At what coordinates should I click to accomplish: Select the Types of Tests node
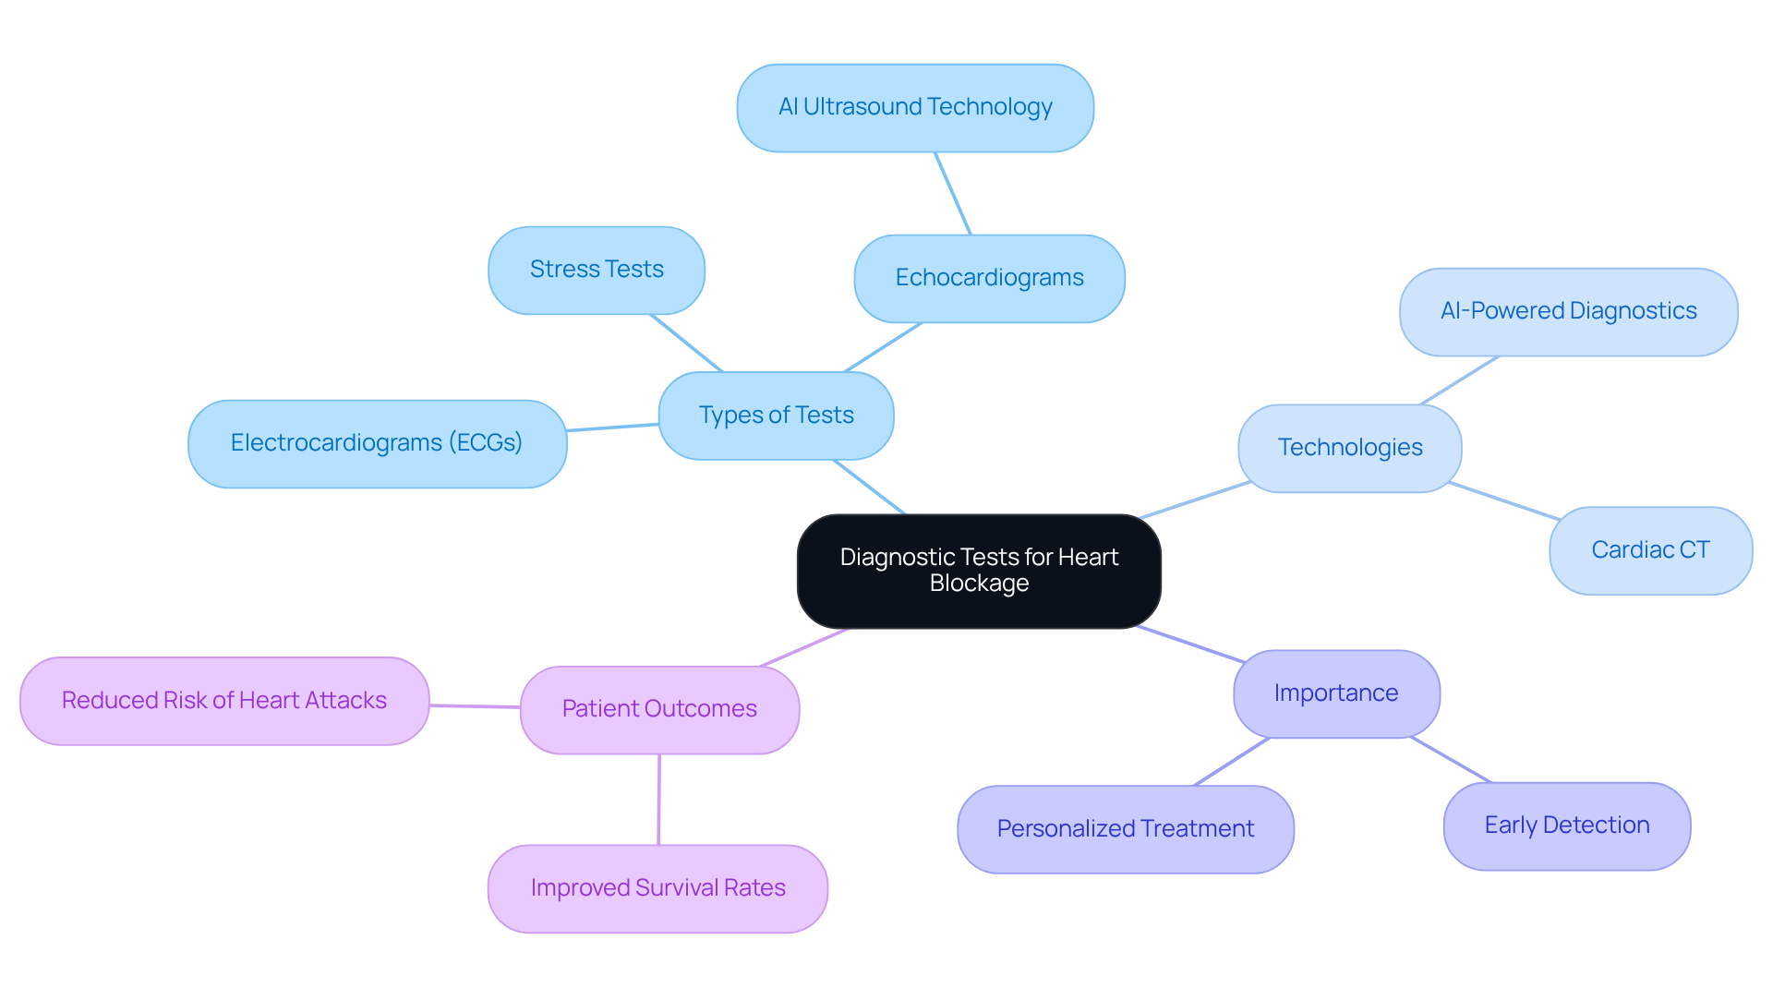pyautogui.click(x=776, y=416)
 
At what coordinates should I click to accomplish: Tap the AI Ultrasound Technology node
pyautogui.click(x=915, y=108)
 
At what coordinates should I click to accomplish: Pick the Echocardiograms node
pyautogui.click(x=989, y=278)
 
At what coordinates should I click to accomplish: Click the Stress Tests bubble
pyautogui.click(x=597, y=270)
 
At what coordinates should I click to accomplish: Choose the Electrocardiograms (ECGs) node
pyautogui.click(x=377, y=443)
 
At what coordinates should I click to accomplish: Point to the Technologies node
pyautogui.click(x=1349, y=448)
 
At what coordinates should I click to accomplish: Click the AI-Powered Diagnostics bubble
pyautogui.click(x=1568, y=311)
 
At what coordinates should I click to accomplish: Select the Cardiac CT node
pyautogui.click(x=1650, y=550)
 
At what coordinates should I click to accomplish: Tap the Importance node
pyautogui.click(x=1335, y=693)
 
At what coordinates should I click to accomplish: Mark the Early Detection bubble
pyautogui.click(x=1566, y=825)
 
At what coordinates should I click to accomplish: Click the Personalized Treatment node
pyautogui.click(x=1125, y=829)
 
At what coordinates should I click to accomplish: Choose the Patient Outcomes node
pyautogui.click(x=659, y=709)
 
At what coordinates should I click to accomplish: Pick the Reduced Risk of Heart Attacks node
pyautogui.click(x=224, y=701)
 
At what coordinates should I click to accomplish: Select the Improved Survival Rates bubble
pyautogui.click(x=657, y=888)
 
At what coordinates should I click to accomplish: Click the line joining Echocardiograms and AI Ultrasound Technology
pyautogui.click(x=953, y=194)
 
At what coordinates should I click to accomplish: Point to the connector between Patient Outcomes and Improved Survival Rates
pyautogui.click(x=658, y=800)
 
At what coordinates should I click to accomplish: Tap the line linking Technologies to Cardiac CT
pyautogui.click(x=1504, y=500)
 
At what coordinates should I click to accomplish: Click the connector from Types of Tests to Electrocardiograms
pyautogui.click(x=612, y=428)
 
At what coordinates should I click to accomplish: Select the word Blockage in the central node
pyautogui.click(x=979, y=584)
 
